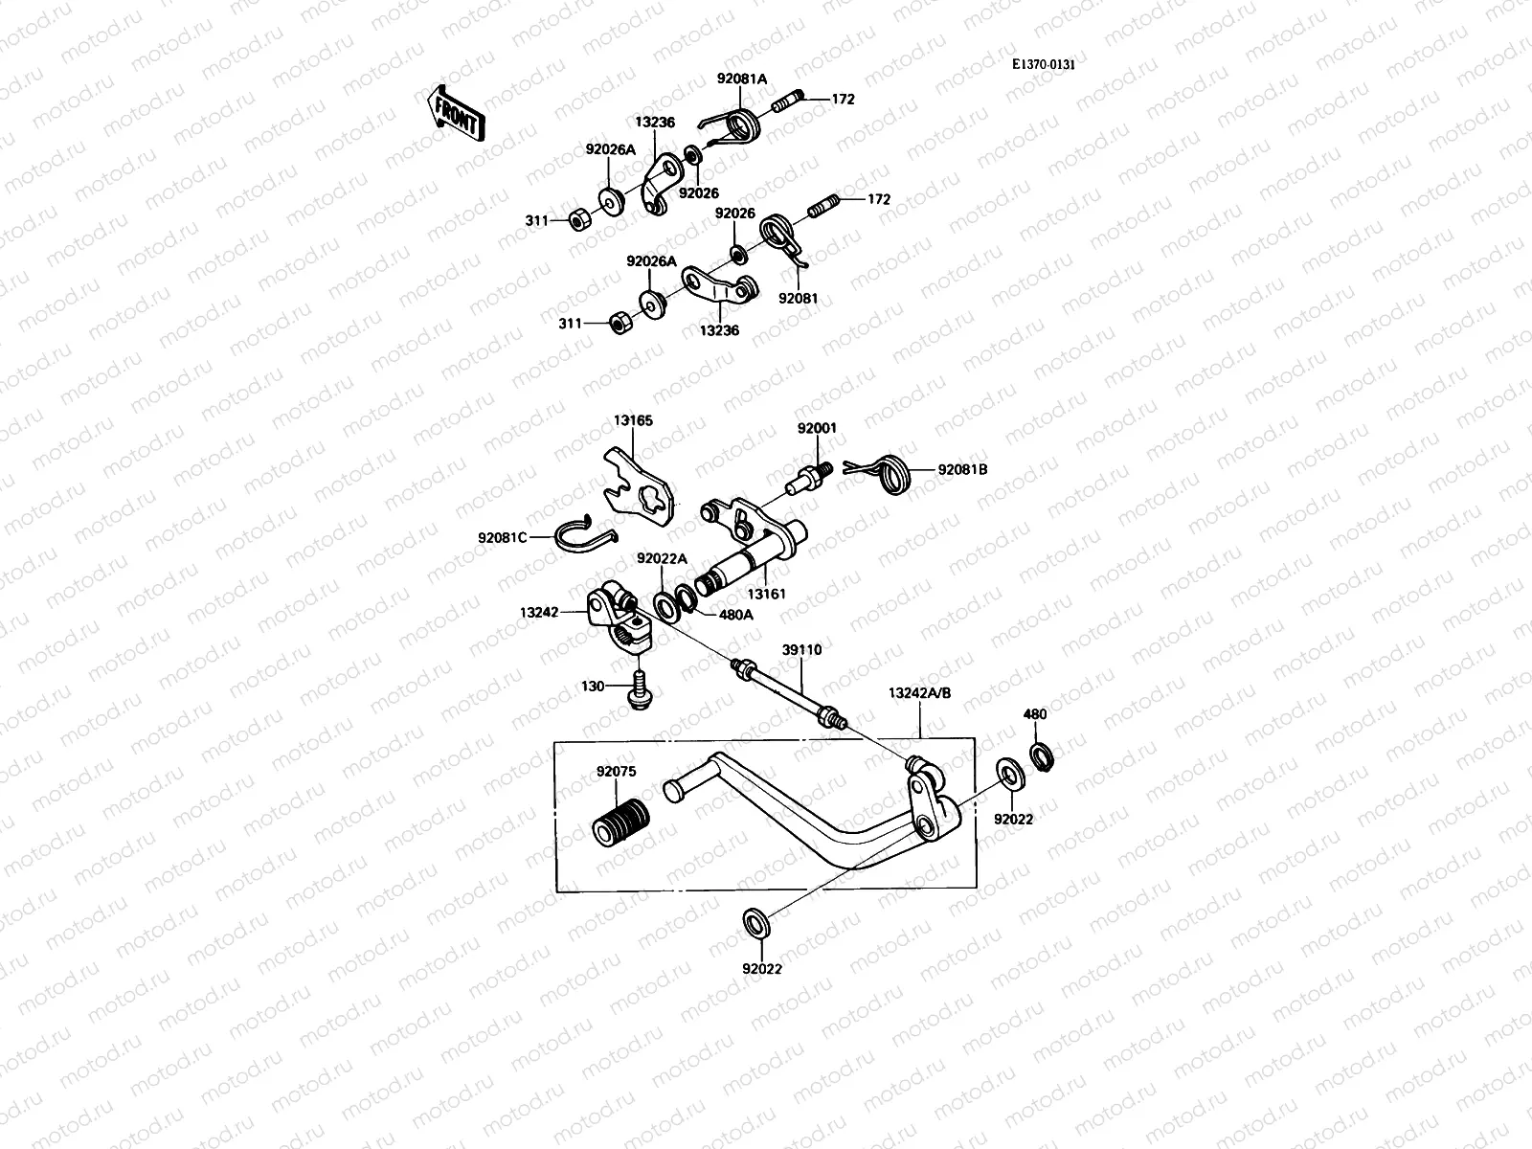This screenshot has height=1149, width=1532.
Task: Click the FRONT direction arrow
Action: pos(456,113)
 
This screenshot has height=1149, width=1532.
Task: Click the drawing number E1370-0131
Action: pos(1050,64)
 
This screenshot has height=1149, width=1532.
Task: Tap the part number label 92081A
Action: pos(742,79)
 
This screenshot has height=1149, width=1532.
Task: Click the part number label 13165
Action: pos(633,419)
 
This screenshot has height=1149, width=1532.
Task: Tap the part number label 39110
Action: pos(801,649)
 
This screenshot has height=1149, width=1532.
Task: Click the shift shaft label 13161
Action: pos(766,594)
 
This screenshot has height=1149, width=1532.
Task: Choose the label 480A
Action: pos(734,615)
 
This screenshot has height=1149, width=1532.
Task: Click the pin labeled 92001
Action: pos(810,476)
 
